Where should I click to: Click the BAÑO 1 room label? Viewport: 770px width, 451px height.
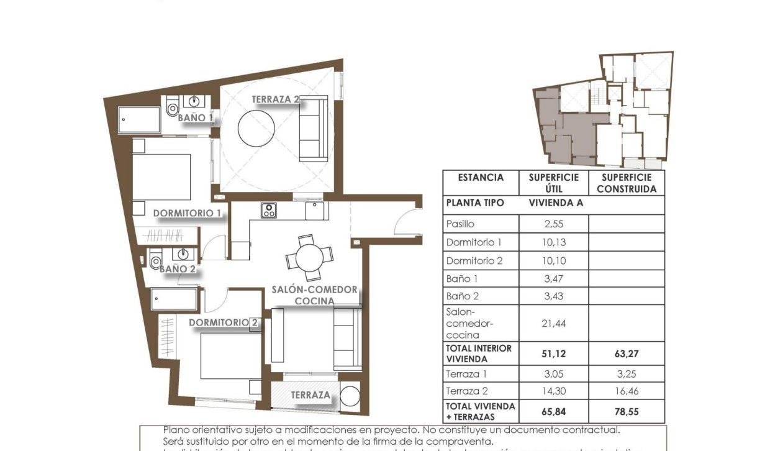click(195, 117)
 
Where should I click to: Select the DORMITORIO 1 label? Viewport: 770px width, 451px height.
click(188, 213)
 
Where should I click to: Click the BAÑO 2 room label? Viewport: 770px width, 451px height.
click(178, 269)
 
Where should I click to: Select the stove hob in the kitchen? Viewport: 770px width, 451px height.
click(268, 211)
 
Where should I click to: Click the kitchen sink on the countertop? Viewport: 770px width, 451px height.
click(316, 211)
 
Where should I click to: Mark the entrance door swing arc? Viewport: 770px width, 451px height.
click(408, 222)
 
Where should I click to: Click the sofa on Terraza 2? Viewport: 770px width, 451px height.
click(313, 129)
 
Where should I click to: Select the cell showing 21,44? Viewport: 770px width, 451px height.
click(553, 323)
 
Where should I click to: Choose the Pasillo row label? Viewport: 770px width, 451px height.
click(460, 224)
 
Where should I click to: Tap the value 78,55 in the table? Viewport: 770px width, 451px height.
click(626, 411)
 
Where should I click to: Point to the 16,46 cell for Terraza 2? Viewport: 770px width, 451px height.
click(626, 391)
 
